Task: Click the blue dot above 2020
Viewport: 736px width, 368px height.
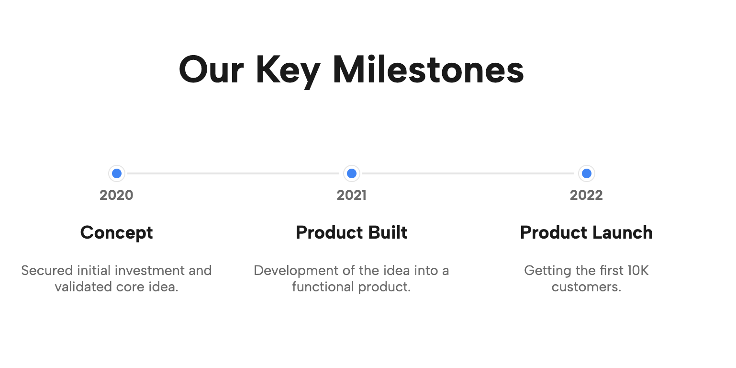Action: tap(116, 173)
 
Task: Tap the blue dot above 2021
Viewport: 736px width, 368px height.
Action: tap(352, 173)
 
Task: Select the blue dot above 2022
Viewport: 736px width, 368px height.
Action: tap(586, 173)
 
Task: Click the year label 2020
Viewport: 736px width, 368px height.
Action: tap(116, 195)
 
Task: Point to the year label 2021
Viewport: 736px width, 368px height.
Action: tap(352, 195)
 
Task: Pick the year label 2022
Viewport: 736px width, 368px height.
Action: tap(586, 195)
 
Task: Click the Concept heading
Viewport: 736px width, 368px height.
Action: tap(116, 232)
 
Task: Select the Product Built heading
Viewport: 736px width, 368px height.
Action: tap(352, 232)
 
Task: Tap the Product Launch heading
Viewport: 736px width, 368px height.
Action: tap(586, 232)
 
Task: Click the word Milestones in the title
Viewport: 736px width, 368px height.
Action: tap(428, 70)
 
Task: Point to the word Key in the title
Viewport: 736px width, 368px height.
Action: tap(288, 70)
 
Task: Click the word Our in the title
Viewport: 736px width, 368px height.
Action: tap(211, 70)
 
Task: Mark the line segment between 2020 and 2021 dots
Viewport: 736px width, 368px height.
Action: tap(234, 173)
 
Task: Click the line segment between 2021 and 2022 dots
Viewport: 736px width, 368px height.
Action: tap(469, 173)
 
